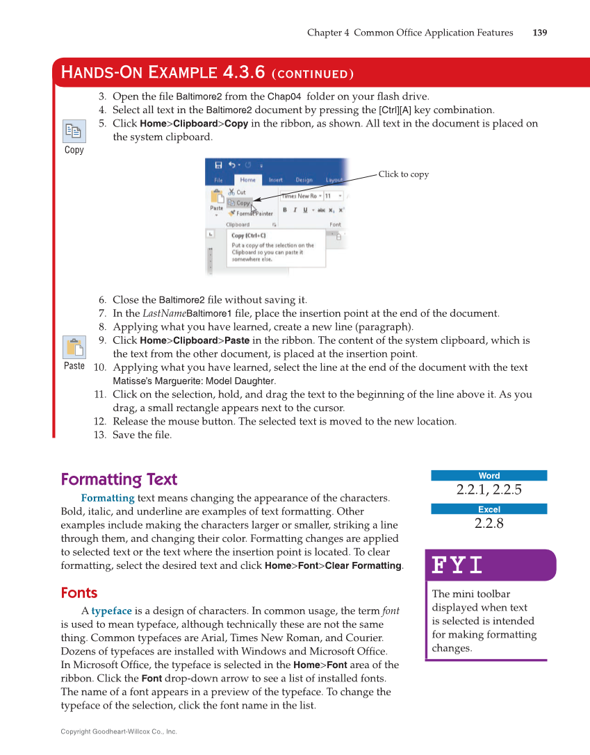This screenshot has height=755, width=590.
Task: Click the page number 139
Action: tap(539, 33)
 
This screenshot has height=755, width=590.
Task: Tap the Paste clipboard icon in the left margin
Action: tap(74, 347)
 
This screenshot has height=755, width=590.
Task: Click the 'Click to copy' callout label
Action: tap(403, 174)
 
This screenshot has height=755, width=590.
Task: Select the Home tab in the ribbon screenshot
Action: tap(247, 180)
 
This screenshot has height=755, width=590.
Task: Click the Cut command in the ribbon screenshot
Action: tap(240, 192)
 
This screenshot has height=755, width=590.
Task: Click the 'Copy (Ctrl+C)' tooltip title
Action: tap(248, 235)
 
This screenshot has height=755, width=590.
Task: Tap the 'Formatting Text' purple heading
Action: tap(119, 479)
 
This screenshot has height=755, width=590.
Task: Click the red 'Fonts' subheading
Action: tap(79, 593)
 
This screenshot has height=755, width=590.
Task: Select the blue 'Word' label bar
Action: tap(489, 476)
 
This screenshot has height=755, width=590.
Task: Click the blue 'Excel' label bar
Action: tap(489, 509)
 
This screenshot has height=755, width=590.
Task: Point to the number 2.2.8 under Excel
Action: tap(489, 524)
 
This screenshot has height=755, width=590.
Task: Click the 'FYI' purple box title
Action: tap(457, 565)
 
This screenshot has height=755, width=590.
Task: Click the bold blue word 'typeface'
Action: tap(111, 611)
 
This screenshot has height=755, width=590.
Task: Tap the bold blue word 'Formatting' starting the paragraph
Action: tap(108, 498)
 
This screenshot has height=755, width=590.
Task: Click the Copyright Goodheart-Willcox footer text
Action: tap(119, 731)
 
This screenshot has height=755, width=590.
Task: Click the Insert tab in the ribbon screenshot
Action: tap(275, 180)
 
